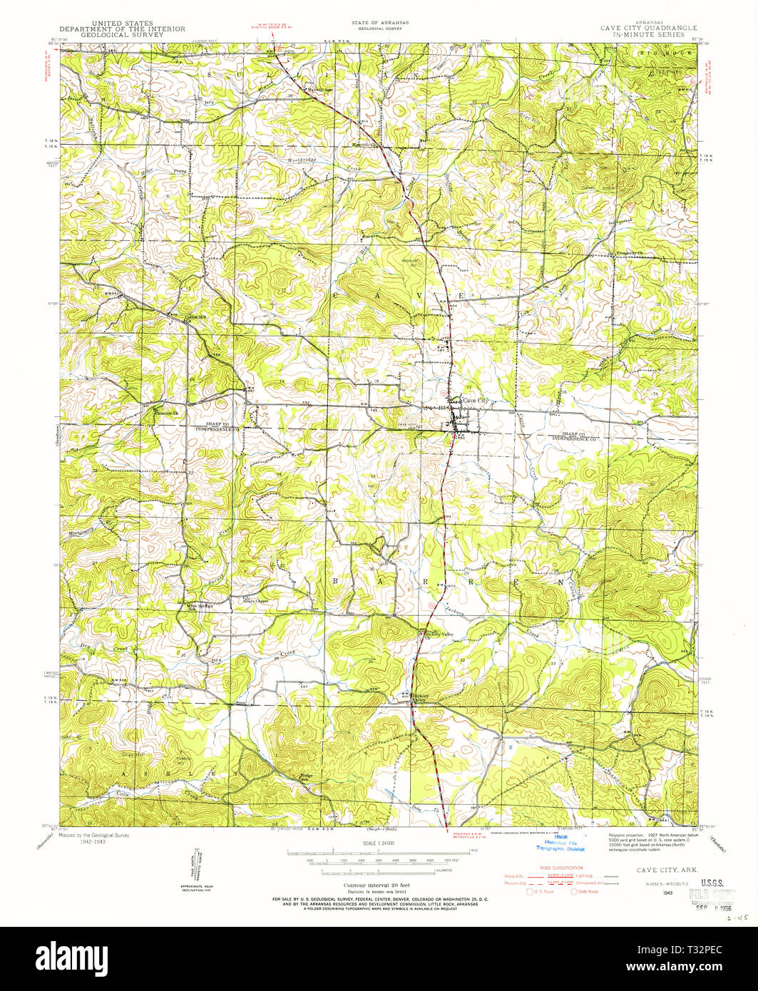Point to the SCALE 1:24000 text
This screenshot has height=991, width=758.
378,843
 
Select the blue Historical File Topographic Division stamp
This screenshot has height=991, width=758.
561,844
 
